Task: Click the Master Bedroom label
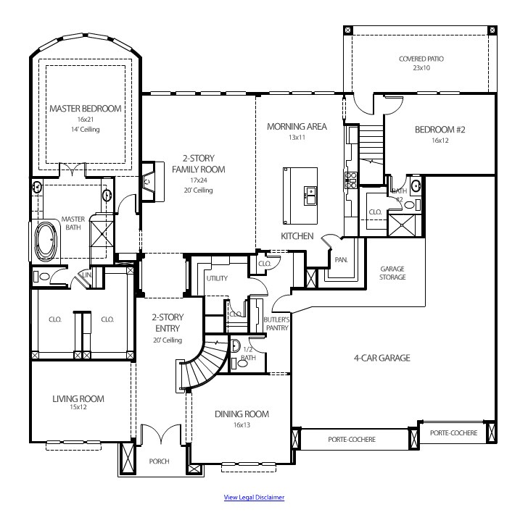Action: pyautogui.click(x=85, y=109)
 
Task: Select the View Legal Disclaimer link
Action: pyautogui.click(x=254, y=497)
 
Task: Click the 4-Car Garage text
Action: pyautogui.click(x=381, y=358)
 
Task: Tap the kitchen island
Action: pyautogui.click(x=300, y=196)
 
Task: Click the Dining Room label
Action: pyautogui.click(x=242, y=414)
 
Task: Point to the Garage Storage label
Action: pyautogui.click(x=392, y=272)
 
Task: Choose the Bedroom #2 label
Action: pyautogui.click(x=440, y=130)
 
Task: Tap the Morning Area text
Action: pyautogui.click(x=297, y=126)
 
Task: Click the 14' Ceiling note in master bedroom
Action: pyautogui.click(x=85, y=129)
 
